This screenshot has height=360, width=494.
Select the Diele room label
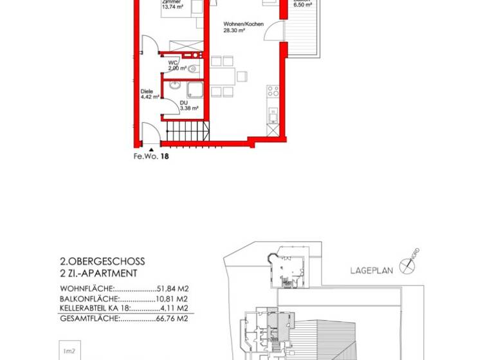coord(146,91)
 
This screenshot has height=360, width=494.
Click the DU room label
coord(167,103)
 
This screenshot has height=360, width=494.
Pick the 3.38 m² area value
coord(172,109)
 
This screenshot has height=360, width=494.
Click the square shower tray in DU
coord(194,89)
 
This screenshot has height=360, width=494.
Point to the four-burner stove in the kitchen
coord(271,93)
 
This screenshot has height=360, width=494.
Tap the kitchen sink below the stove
coord(271,116)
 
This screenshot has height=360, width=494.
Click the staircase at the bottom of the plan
coord(183,133)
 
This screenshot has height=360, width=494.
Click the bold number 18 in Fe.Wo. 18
coord(164,156)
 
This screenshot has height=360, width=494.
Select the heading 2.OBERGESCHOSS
coord(102,262)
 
